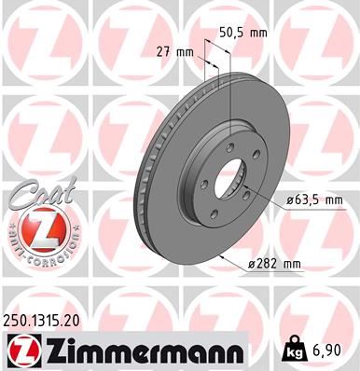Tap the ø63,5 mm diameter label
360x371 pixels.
[x=314, y=199]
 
